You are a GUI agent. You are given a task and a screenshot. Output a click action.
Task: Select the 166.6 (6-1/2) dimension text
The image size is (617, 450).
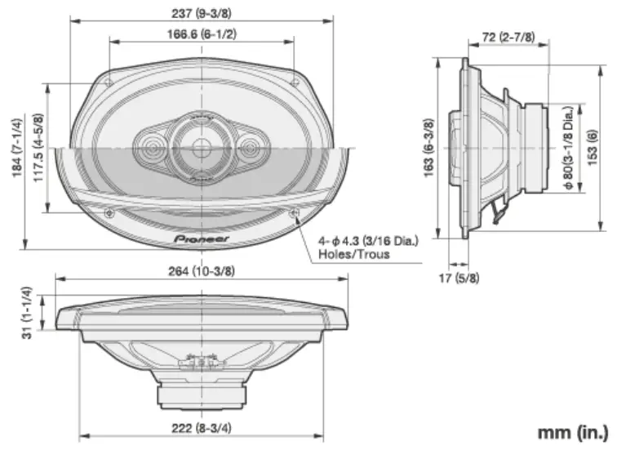(201, 34)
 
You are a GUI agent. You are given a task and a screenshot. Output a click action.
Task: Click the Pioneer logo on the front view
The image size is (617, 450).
(201, 238)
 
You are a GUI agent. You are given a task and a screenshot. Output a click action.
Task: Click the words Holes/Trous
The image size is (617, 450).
(353, 254)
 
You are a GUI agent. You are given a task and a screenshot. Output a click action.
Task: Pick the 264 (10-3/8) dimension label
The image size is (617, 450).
(201, 271)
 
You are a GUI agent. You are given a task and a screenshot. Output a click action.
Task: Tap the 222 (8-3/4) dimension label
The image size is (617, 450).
(201, 428)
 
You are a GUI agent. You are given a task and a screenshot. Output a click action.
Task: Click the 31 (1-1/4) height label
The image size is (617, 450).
(27, 313)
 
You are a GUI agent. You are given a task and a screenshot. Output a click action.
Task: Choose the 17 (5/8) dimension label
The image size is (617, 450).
(460, 278)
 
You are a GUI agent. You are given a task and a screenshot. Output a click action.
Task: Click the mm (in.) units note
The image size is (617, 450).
(570, 430)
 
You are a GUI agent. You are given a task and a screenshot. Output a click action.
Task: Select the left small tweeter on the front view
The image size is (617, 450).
(151, 148)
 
